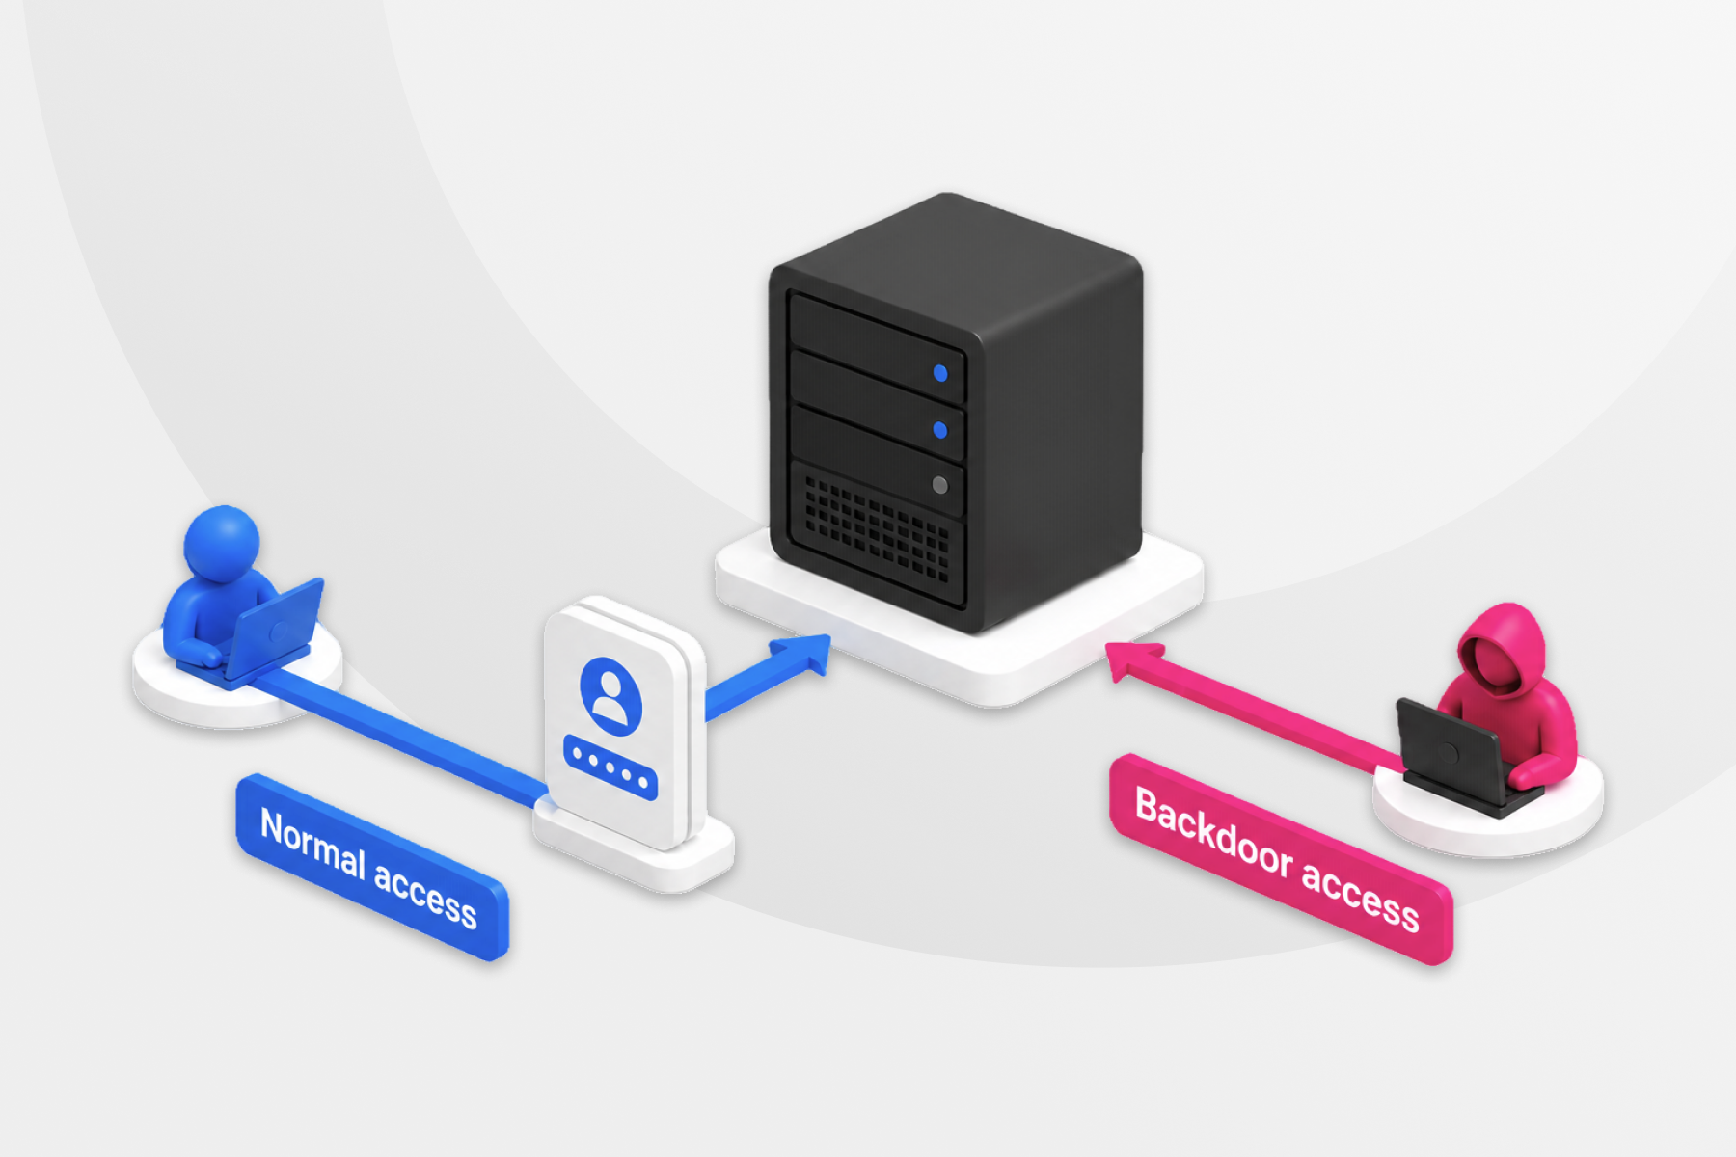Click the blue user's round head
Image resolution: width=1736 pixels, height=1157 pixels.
222,544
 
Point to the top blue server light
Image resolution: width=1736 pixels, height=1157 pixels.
940,373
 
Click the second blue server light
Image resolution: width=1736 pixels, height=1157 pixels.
940,429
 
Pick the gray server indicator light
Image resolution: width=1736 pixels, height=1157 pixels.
940,485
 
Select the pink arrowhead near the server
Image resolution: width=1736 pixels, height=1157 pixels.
1133,661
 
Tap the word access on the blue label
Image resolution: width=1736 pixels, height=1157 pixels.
425,895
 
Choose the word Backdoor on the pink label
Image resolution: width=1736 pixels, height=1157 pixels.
1213,835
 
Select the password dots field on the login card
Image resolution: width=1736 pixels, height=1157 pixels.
610,767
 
